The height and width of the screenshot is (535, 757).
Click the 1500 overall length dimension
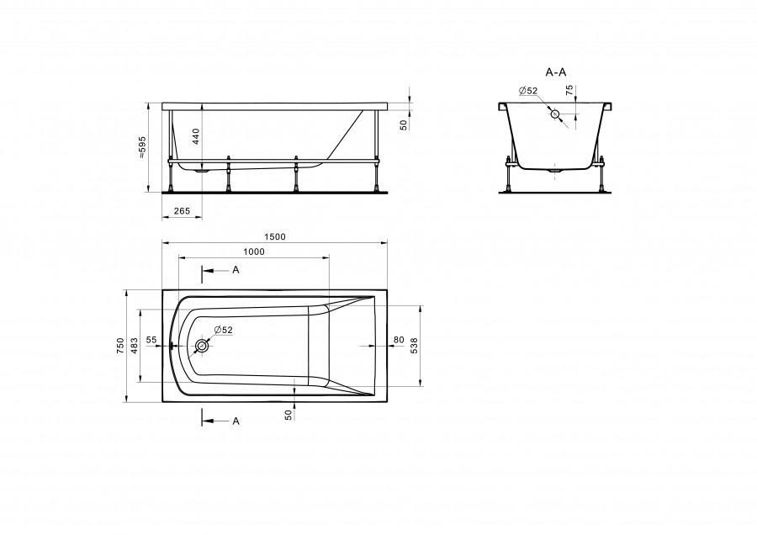coord(275,236)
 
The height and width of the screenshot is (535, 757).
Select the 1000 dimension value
coord(254,252)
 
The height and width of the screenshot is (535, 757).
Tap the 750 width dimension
coord(120,346)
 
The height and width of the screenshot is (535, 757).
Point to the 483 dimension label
coord(135,346)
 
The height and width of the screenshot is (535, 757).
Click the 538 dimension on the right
coord(414,346)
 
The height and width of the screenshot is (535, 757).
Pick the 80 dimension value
coord(399,340)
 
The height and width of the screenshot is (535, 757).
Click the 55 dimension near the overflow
coord(151,340)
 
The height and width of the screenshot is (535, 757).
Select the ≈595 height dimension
coord(142,147)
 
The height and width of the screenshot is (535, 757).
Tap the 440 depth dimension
coord(196,137)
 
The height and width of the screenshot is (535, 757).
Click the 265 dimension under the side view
coord(182,211)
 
